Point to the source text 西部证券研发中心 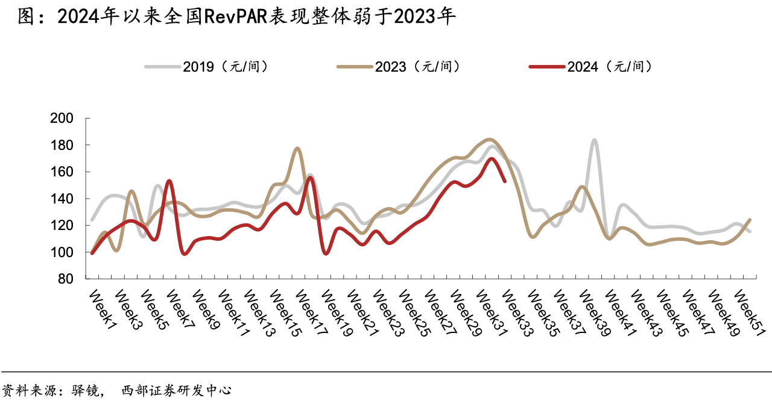coord(176,390)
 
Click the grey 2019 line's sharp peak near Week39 coord(595,140)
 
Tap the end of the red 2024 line coord(505,181)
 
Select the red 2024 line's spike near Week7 coord(169,180)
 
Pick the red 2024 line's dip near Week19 coord(326,253)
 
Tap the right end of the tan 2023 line coord(750,220)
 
